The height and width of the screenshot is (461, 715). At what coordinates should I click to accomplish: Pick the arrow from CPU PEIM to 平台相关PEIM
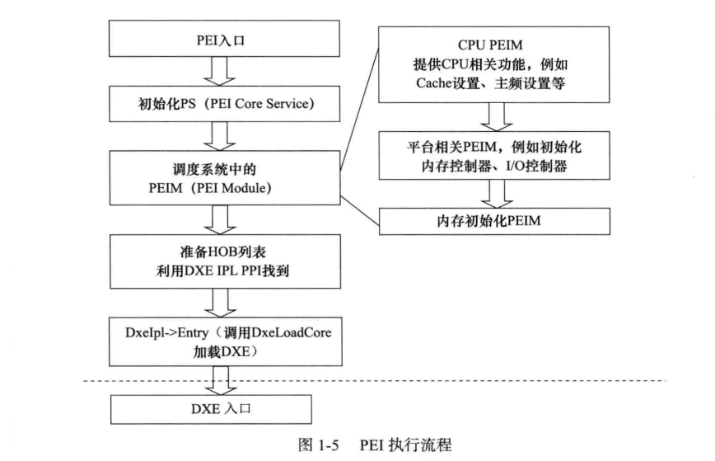[493, 117]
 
